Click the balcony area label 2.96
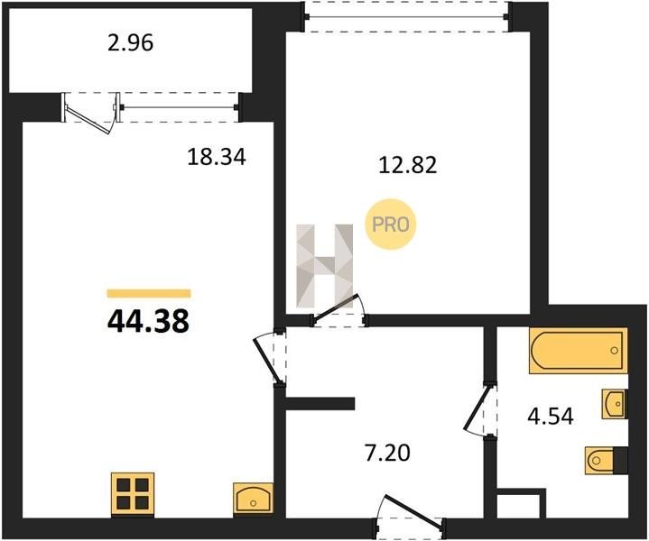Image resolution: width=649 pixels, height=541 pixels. point(130,43)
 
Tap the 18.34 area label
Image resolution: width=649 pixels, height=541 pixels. point(217,157)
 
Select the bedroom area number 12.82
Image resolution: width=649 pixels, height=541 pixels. point(408,165)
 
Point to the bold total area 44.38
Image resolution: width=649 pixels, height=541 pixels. point(148,321)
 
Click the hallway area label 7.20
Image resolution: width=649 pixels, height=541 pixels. point(387,453)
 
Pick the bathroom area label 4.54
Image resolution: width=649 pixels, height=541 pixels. point(551,417)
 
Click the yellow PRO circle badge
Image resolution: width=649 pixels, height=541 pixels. point(390,225)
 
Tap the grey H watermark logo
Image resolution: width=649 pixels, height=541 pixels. point(325,266)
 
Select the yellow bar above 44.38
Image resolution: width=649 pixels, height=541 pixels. point(149,293)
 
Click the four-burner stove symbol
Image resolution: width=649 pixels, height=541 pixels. point(133,494)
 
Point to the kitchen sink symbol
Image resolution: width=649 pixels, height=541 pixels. point(254,498)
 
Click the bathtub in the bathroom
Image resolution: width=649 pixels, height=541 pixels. point(579,351)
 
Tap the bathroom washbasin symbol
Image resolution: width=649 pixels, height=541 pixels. point(614,404)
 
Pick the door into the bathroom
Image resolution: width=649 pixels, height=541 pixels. point(481,409)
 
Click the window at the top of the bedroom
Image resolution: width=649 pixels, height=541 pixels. point(407,16)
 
